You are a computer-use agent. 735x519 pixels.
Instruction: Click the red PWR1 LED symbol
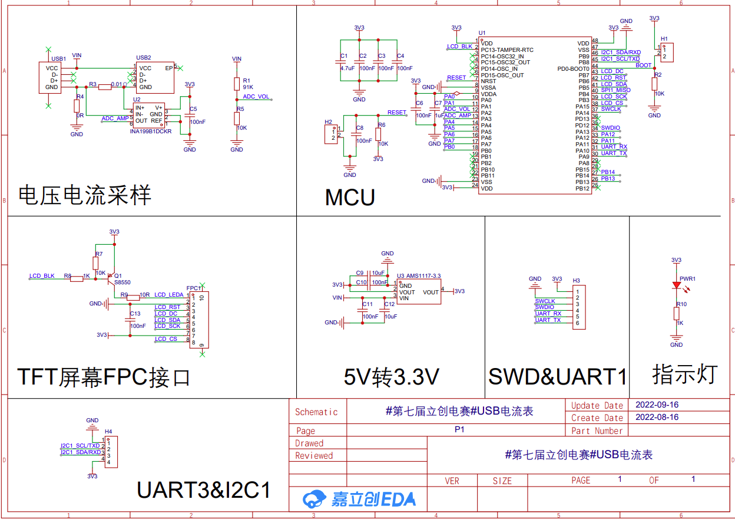(x=677, y=285)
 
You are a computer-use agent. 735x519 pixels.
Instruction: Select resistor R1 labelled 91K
(x=237, y=84)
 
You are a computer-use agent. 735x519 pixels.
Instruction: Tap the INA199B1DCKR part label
(x=151, y=131)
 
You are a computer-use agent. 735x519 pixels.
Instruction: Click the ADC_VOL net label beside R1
(x=256, y=97)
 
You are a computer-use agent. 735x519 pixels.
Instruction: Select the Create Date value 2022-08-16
(x=657, y=417)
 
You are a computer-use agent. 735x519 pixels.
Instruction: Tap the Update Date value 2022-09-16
(x=657, y=405)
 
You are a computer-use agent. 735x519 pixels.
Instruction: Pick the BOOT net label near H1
(x=644, y=65)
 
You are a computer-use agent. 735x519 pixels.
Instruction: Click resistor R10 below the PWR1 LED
(x=677, y=313)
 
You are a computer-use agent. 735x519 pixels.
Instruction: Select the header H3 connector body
(x=578, y=307)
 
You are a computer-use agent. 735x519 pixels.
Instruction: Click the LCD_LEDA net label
(x=169, y=295)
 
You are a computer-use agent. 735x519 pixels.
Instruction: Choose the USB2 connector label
(x=143, y=58)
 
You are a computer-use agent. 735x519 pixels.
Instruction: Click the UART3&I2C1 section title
(x=204, y=490)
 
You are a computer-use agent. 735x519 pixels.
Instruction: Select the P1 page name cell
(x=459, y=430)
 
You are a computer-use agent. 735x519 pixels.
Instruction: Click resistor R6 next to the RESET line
(x=378, y=134)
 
